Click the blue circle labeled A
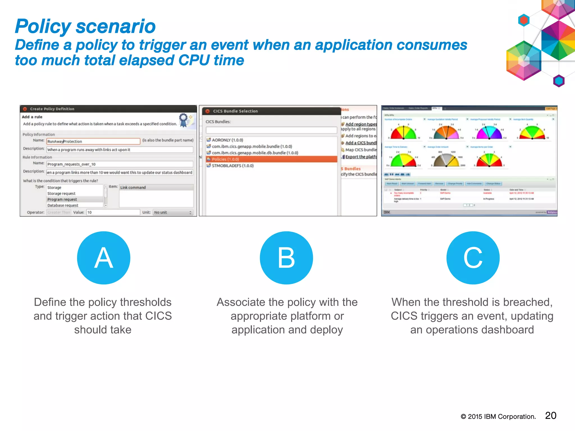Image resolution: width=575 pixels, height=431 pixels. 104,258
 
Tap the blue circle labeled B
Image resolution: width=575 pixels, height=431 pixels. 286,258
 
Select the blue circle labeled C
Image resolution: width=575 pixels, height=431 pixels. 473,258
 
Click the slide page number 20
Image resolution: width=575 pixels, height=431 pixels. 551,416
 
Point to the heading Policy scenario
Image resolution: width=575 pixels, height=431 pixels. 85,26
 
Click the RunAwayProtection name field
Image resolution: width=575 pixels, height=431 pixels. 93,141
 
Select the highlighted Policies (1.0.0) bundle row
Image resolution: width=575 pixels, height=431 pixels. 271,159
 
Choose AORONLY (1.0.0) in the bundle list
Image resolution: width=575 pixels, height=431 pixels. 227,140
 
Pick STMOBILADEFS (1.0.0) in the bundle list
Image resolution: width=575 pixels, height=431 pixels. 232,166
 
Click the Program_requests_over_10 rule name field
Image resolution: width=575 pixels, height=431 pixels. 120,164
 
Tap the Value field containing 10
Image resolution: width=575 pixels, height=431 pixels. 113,212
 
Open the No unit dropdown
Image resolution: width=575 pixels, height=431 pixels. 173,212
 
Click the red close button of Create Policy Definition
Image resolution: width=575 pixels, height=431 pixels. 25,109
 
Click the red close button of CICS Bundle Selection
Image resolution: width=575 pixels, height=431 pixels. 207,111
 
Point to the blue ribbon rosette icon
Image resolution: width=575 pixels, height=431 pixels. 184,120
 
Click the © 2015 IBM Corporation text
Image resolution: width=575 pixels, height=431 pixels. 498,417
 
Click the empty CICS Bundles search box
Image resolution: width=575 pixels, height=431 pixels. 271,130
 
